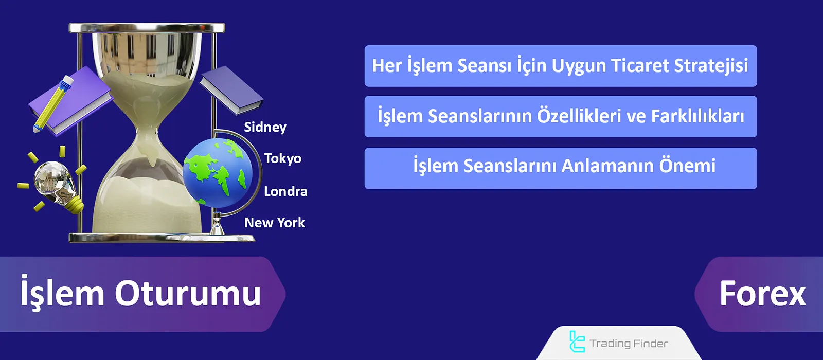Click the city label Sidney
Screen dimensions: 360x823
coord(265,128)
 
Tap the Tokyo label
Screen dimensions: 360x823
coord(282,158)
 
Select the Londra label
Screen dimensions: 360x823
coord(285,191)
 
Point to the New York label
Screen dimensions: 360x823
coord(274,223)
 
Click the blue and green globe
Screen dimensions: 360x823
coord(218,172)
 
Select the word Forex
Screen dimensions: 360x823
coord(762,294)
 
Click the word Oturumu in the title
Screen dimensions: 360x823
coord(188,294)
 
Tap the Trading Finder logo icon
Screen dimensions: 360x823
coord(577,342)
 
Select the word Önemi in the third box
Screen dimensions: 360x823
coord(687,166)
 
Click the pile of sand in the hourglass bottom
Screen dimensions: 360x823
coord(147,206)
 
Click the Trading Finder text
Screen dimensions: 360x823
coord(629,344)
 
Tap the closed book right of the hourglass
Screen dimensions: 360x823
coord(231,91)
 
